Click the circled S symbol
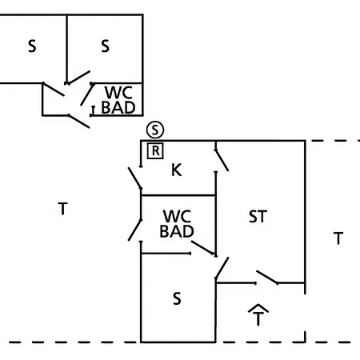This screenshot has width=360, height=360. [x=155, y=130]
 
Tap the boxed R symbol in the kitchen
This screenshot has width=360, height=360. [x=155, y=151]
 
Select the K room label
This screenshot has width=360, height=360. [x=177, y=170]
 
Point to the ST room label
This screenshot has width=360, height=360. [x=258, y=217]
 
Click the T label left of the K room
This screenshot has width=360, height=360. [x=62, y=209]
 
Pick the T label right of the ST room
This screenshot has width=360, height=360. [x=338, y=238]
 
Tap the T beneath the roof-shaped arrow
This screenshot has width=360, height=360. [x=258, y=319]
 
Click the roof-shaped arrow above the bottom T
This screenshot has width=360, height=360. [x=258, y=308]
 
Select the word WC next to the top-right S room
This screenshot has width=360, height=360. [x=118, y=93]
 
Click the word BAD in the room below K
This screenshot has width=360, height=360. [x=177, y=231]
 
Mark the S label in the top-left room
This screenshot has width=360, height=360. [x=32, y=46]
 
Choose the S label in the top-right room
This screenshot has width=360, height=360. [x=105, y=46]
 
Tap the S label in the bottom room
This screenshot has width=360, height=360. [x=177, y=298]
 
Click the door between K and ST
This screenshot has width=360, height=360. [x=222, y=160]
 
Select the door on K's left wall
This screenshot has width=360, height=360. [x=135, y=178]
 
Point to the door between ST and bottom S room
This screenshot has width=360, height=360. [x=222, y=268]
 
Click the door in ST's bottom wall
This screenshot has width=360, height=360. [x=267, y=278]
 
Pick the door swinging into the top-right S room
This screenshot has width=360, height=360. [x=78, y=78]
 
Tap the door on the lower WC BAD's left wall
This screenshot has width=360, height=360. [x=135, y=230]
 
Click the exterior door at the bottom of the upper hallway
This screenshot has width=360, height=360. [x=78, y=122]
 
